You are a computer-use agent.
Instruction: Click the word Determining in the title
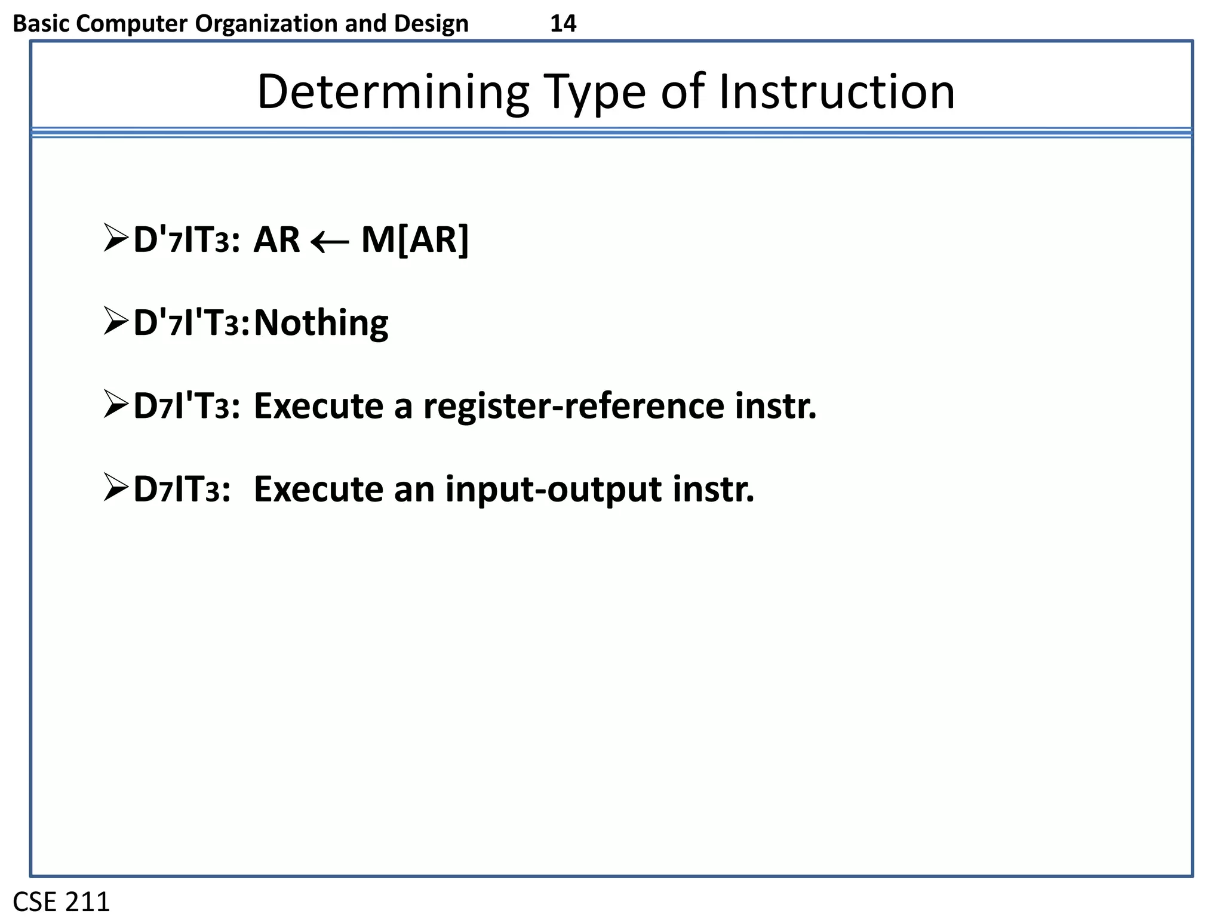(393, 93)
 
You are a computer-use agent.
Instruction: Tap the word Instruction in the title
(836, 93)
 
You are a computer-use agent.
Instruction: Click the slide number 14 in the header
(563, 24)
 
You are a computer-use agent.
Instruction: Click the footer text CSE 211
(62, 901)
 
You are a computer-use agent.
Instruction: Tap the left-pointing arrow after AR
(330, 242)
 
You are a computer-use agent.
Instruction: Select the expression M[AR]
(415, 240)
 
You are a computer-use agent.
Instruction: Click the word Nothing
(321, 323)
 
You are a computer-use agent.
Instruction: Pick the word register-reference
(573, 407)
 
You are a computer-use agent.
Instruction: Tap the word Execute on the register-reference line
(318, 407)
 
